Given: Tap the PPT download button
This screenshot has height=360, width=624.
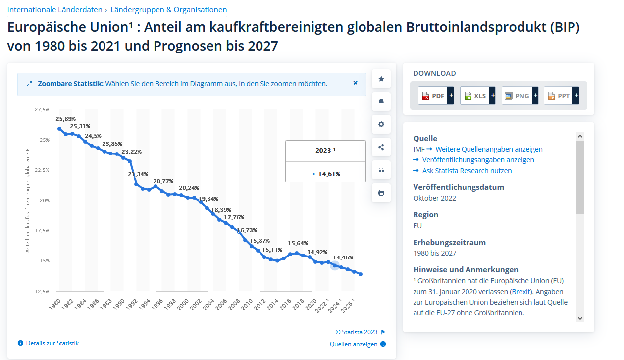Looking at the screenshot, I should pos(561,96).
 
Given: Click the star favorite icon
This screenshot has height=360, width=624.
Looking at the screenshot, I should pos(381,79).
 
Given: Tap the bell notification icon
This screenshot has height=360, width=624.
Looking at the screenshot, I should pos(381,102).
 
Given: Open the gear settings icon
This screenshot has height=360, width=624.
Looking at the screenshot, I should pos(381,124).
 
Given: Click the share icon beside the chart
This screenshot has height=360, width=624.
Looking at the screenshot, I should pos(381,147).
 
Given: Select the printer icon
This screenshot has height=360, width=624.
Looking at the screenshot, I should pos(381,193).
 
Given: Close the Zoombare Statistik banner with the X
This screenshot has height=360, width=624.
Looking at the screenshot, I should pos(355,83).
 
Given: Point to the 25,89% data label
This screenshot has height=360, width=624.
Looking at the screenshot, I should pos(65,119).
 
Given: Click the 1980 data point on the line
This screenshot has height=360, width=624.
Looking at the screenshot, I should pos(59,129).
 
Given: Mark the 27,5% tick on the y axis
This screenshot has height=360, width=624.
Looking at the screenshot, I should pos(42,109).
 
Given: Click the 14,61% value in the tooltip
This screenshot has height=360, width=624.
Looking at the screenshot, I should pos(329,174).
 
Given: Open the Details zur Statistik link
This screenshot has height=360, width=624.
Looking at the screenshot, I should pos(52,343).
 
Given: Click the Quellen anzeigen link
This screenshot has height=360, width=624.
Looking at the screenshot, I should pos(354,344).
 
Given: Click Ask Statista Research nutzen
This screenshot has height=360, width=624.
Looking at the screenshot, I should pos(467,171).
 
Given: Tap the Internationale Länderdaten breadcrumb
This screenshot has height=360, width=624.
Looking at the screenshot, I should pos(54,9).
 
